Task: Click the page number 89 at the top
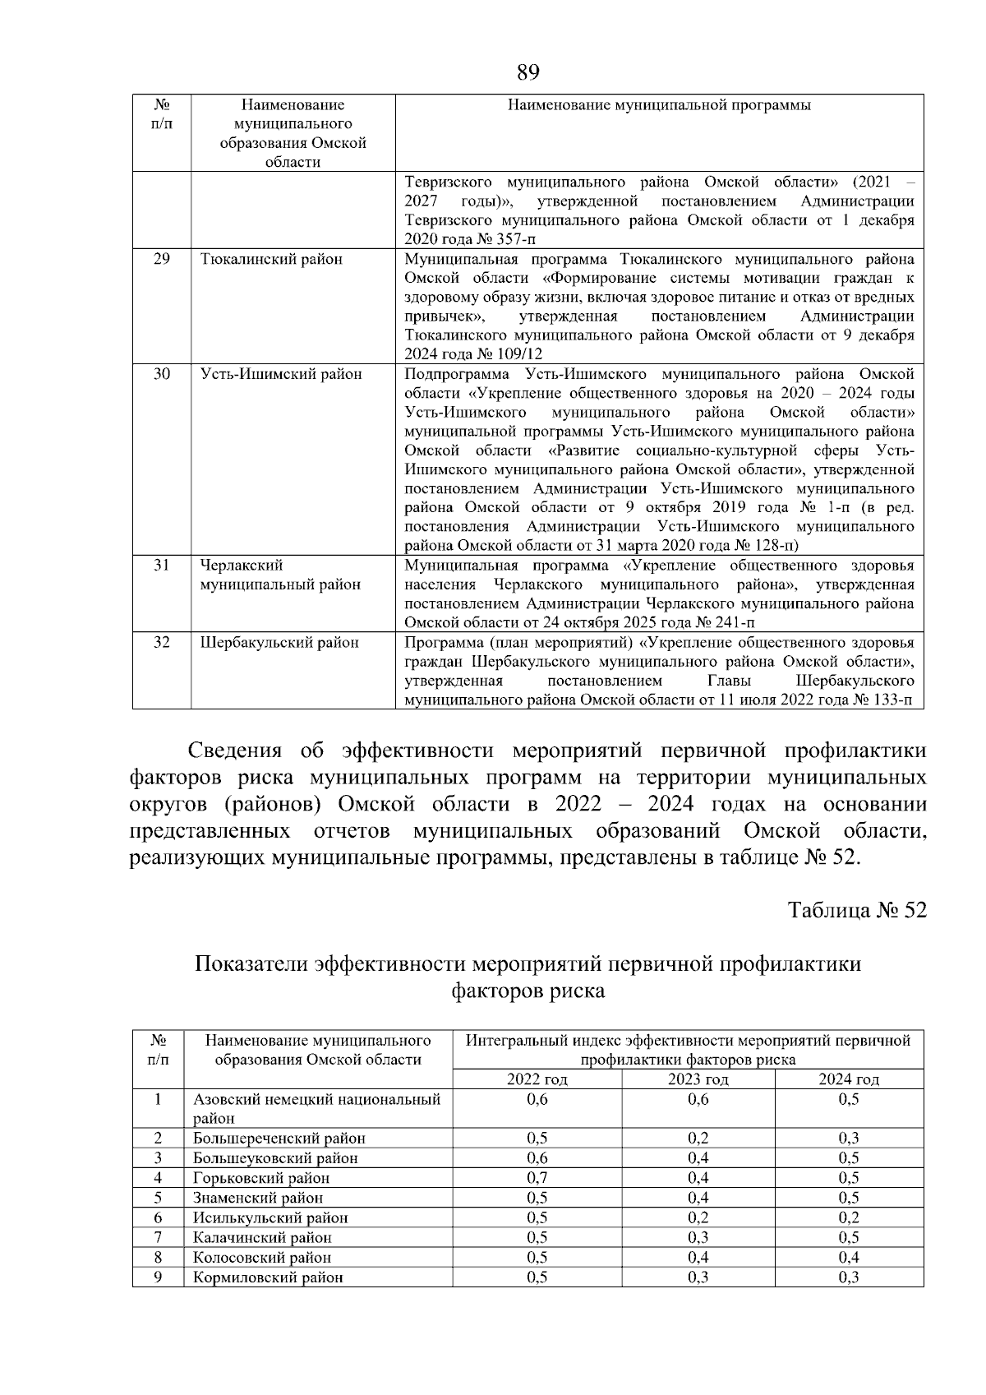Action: [528, 73]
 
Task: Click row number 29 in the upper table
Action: [162, 259]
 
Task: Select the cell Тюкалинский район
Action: [271, 260]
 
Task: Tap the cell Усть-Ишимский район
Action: [281, 374]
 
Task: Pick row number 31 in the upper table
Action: [162, 566]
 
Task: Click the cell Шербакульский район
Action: [279, 643]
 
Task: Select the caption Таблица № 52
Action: [857, 911]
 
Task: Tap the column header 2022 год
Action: [537, 1079]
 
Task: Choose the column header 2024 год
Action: [849, 1079]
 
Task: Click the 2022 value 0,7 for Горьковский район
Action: [537, 1178]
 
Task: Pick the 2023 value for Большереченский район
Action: [698, 1139]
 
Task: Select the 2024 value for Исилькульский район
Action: [849, 1217]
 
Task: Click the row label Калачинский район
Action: [262, 1237]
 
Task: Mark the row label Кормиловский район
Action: [268, 1277]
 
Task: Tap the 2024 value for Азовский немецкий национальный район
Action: [849, 1100]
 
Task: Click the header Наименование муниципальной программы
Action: [659, 105]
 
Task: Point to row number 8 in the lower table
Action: [158, 1257]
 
